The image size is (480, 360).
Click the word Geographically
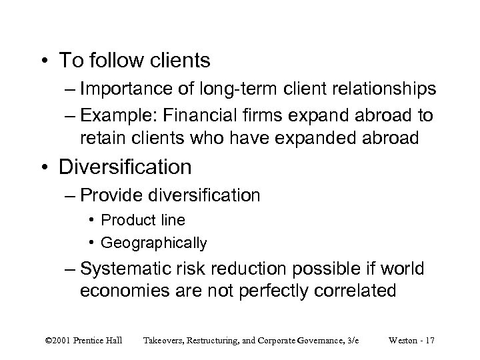(x=154, y=242)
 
